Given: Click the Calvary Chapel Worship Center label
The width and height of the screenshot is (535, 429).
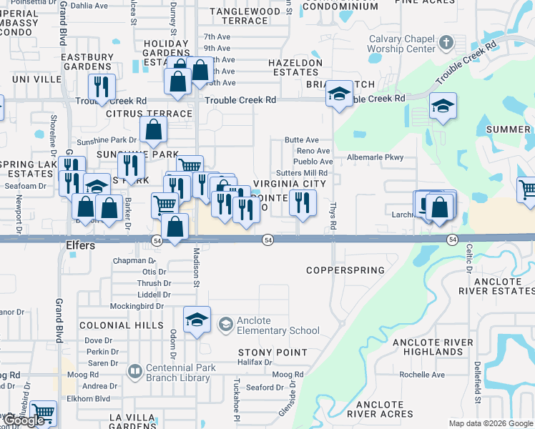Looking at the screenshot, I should [401, 44].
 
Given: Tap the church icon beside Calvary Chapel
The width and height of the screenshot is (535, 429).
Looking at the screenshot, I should [446, 43].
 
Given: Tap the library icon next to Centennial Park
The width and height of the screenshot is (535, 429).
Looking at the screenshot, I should [134, 371].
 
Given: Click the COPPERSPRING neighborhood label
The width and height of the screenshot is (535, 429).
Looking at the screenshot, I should [345, 270].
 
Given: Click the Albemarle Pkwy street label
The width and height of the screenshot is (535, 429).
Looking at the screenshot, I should [376, 157].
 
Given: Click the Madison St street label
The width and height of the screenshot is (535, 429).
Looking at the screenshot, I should [195, 266].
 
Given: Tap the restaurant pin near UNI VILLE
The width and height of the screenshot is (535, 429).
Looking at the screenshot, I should [101, 87].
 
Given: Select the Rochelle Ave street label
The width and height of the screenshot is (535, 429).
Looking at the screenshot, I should [422, 375].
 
